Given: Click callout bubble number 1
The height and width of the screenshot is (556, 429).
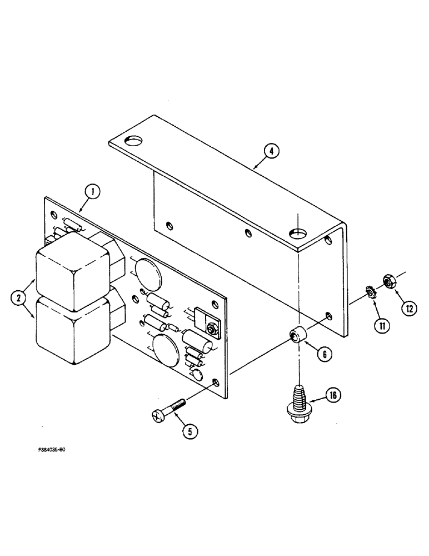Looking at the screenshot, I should [93, 192].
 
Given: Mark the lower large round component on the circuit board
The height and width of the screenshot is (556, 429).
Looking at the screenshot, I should [165, 351].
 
